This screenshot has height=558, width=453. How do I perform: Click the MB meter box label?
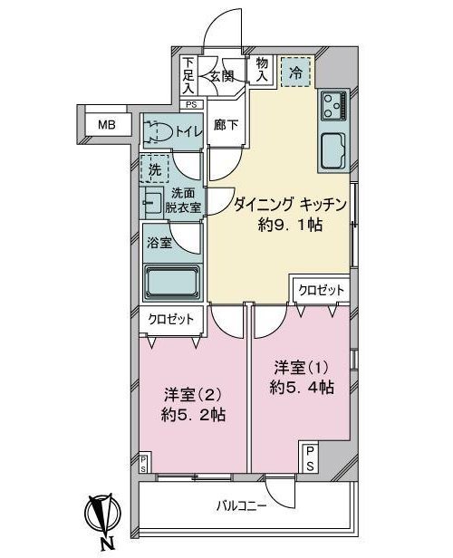pos(107,125)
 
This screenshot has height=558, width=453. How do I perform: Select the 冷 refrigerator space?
pos(295,72)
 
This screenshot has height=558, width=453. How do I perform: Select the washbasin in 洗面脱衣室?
pos(153,200)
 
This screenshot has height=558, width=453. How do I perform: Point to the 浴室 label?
pos(159,242)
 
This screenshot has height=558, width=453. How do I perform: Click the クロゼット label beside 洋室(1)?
pos(321,290)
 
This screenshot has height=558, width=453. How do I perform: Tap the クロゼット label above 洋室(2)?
pos(171,318)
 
